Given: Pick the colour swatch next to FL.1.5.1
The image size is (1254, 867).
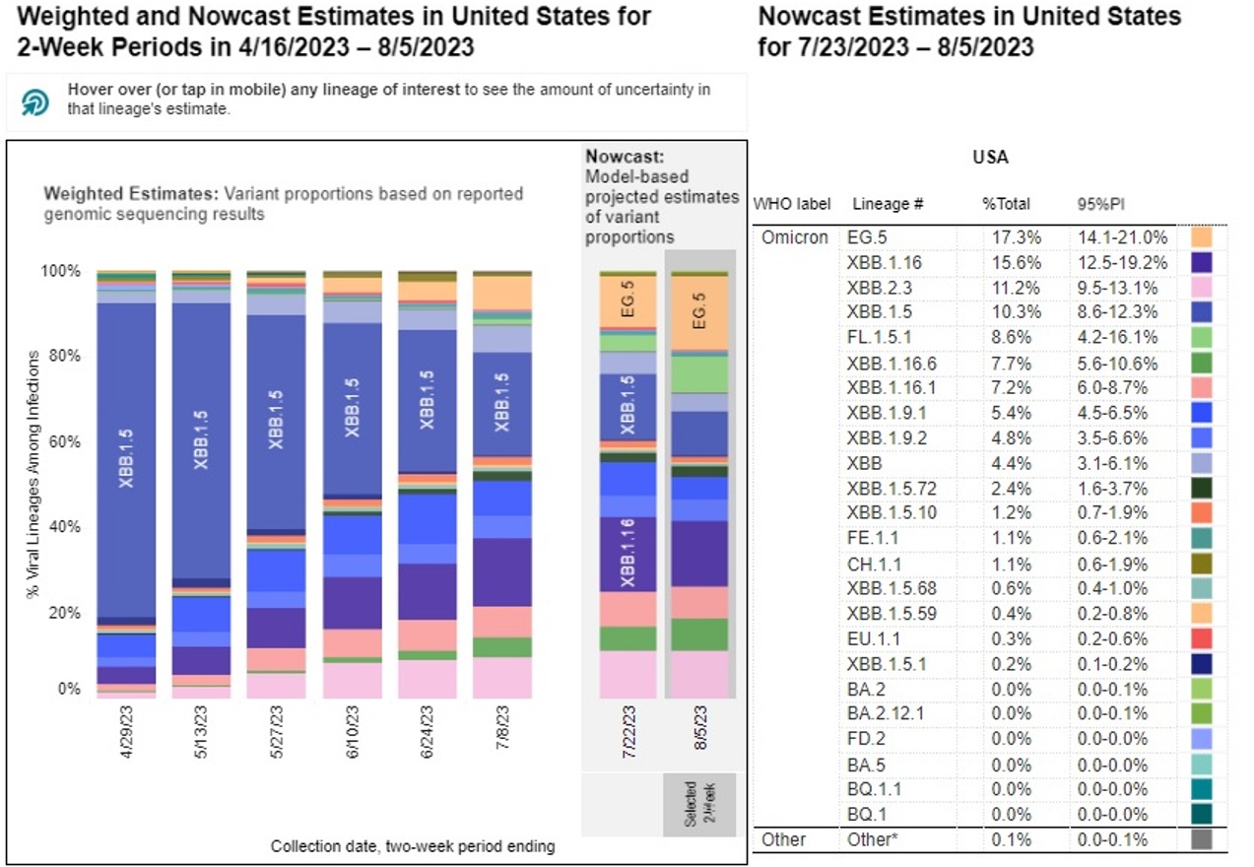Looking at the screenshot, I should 1201,339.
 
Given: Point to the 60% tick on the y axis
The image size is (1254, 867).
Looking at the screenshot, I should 67,441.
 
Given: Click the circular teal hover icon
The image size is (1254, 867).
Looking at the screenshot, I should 35,101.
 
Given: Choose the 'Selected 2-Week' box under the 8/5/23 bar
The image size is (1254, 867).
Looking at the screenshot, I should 698,804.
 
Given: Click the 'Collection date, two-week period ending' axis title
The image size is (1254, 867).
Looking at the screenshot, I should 413,845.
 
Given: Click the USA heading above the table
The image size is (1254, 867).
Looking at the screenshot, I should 991,158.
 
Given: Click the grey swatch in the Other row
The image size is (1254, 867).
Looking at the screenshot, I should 1201,840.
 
